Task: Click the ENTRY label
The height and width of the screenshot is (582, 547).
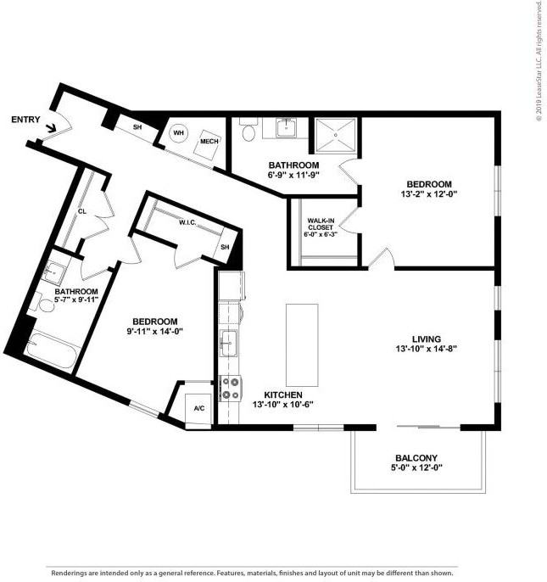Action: point(25,120)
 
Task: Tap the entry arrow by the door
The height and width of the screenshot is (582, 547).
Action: point(51,128)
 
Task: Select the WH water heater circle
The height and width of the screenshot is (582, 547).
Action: point(179,132)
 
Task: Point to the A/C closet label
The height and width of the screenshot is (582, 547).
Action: point(199,408)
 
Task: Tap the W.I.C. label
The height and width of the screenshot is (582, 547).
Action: point(188,222)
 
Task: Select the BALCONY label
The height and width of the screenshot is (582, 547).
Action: point(416,458)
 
